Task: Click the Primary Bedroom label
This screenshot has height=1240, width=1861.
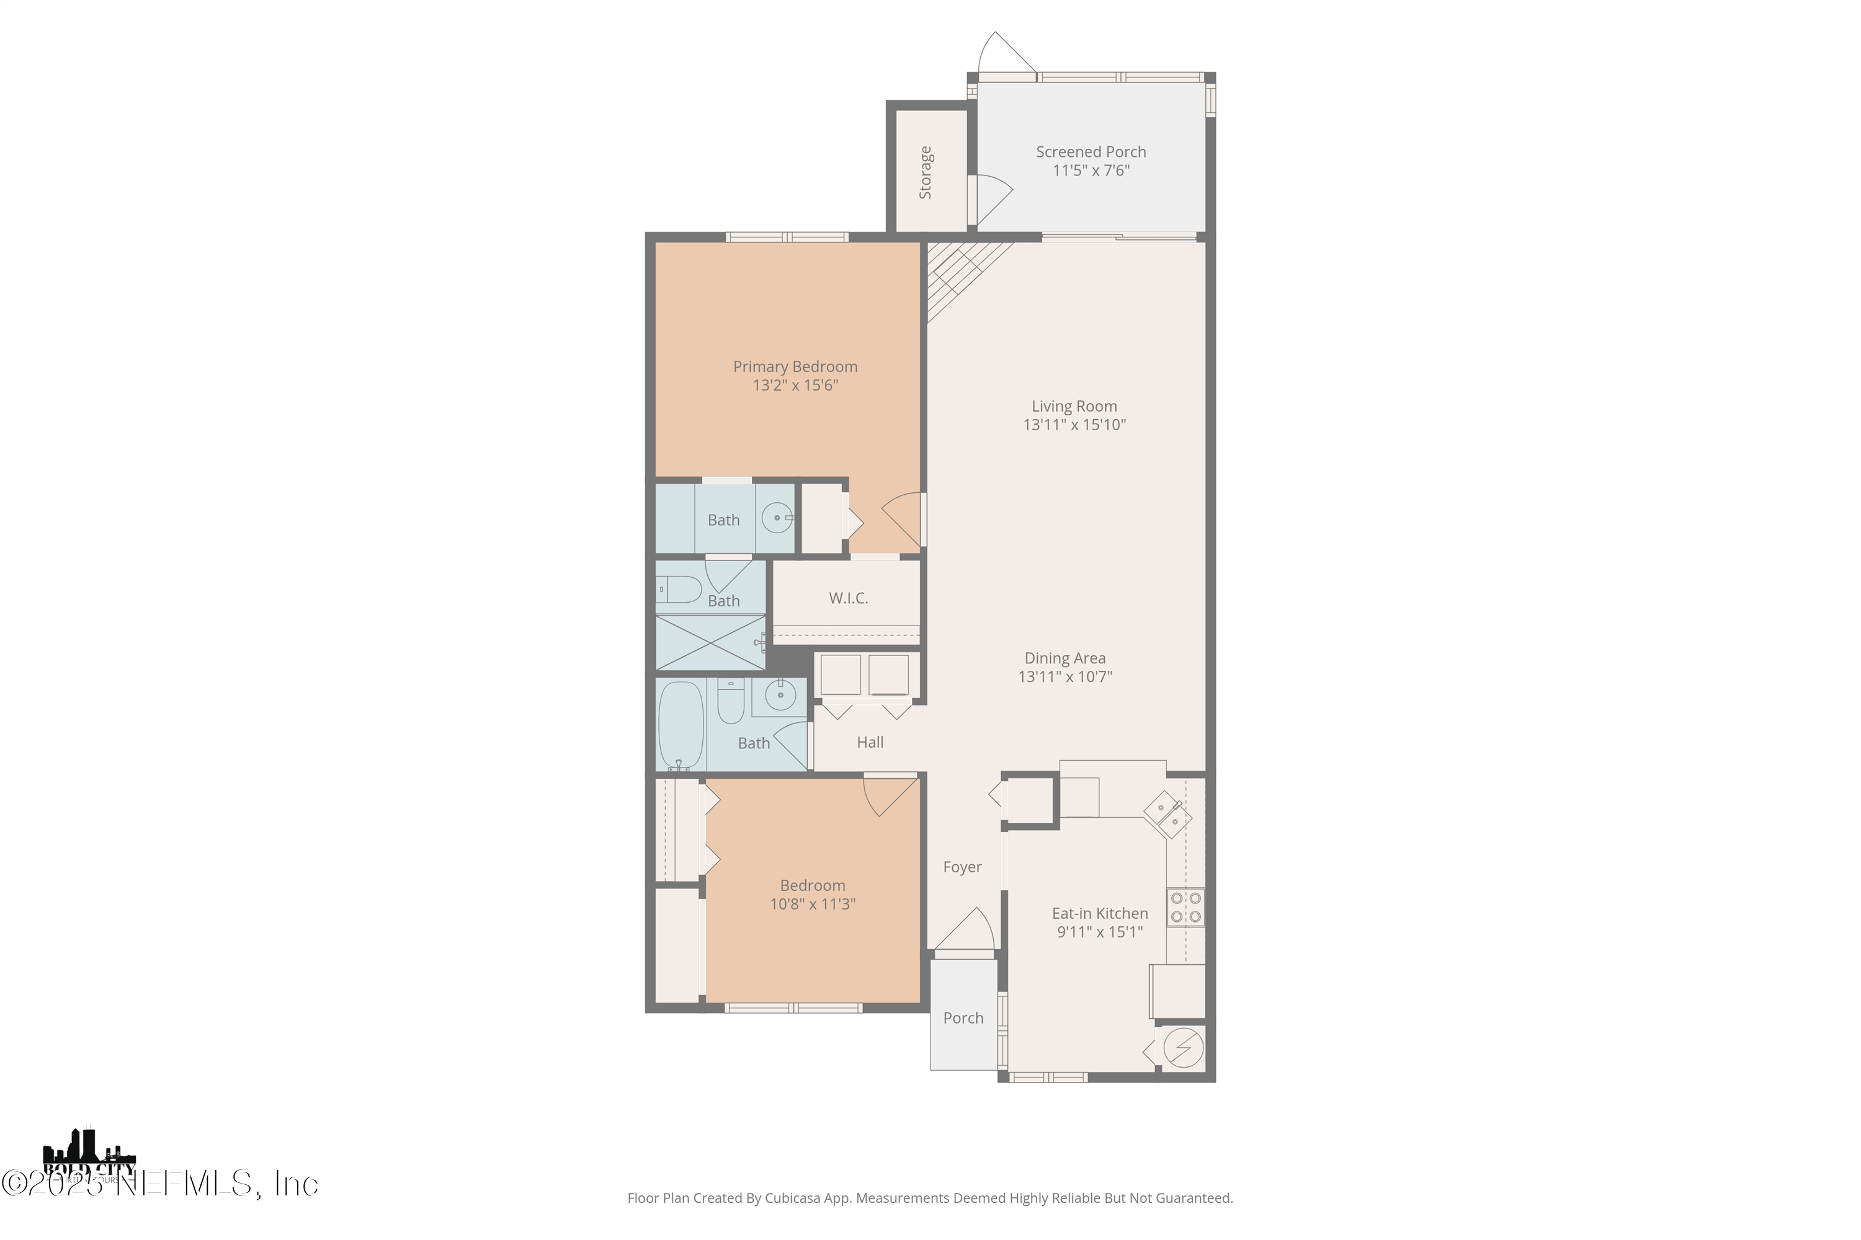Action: pyautogui.click(x=795, y=367)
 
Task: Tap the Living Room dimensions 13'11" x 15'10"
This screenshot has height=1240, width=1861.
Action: pyautogui.click(x=1074, y=425)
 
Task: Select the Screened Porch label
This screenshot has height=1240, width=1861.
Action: pyautogui.click(x=1091, y=152)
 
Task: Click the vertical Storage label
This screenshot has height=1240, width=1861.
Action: pyautogui.click(x=925, y=172)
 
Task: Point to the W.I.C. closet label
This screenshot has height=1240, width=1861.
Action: pyautogui.click(x=848, y=599)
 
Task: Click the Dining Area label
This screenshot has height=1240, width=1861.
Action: pyautogui.click(x=1064, y=658)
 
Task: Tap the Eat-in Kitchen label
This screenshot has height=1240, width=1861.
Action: pyautogui.click(x=1099, y=913)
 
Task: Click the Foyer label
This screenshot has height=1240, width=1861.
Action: pyautogui.click(x=962, y=867)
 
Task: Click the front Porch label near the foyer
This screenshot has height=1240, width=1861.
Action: pyautogui.click(x=962, y=1019)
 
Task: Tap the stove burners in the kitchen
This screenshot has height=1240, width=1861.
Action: pyautogui.click(x=1185, y=908)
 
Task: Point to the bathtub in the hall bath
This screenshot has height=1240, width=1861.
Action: pyautogui.click(x=681, y=725)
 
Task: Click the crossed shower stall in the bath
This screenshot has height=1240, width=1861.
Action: pyautogui.click(x=710, y=643)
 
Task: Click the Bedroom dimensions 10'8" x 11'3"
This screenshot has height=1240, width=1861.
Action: pyautogui.click(x=812, y=904)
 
